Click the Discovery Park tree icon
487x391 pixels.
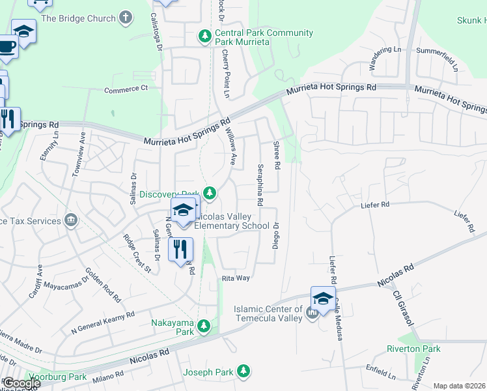210,192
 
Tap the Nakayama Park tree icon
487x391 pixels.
204,325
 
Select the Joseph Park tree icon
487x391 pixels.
244,371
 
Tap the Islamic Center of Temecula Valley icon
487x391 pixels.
312,313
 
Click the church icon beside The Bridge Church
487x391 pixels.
126,18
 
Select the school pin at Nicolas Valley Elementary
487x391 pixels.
184,210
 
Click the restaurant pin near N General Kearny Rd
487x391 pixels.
180,249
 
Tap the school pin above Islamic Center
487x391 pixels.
323,298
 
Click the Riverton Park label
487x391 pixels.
413,349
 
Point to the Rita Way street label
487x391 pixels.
236,278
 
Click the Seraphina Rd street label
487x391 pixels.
260,184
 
